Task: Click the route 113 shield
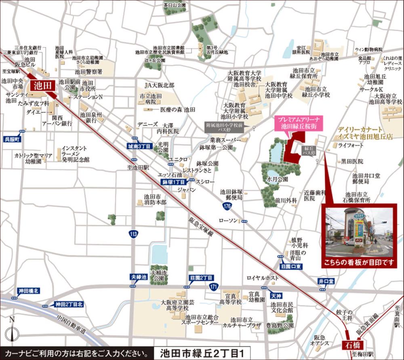pyautogui.click(x=133, y=233)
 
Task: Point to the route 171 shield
pyautogui.click(x=213, y=286)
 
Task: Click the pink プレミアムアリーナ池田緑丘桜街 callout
pyautogui.click(x=296, y=123)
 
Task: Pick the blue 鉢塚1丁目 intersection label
pyautogui.click(x=173, y=182)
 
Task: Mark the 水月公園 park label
pyautogui.click(x=277, y=178)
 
